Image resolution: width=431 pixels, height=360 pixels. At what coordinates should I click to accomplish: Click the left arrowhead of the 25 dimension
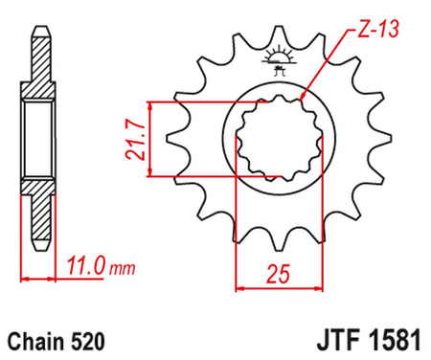coord(240,285)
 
